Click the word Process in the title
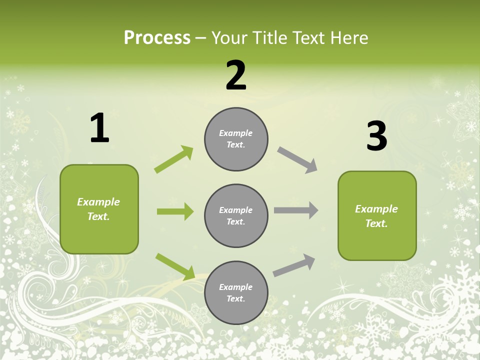157,38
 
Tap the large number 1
99,128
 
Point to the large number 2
236,75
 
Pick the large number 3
376,136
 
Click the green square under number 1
99,209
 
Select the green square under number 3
377,216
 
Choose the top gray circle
236,139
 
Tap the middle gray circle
236,215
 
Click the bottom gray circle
236,292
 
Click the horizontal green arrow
175,211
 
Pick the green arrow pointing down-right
175,266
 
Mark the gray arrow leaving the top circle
297,160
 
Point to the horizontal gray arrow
296,210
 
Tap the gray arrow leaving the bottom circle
294,265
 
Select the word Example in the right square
376,209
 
